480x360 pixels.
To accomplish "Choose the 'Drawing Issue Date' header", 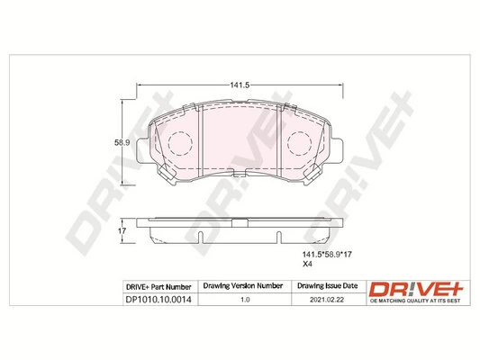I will [325, 286].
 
